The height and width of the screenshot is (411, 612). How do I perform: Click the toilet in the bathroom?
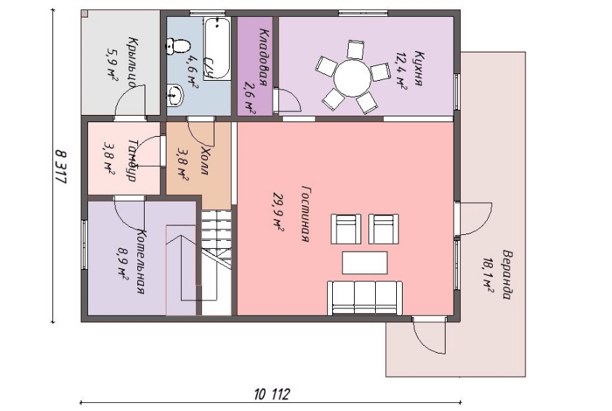click(x=178, y=46)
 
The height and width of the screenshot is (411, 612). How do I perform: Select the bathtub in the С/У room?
click(x=217, y=49)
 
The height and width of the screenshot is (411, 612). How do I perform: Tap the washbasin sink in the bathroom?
click(x=175, y=95)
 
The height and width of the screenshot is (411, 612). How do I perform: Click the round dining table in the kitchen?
click(x=352, y=78)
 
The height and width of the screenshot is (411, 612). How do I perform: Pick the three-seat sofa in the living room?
click(x=365, y=298)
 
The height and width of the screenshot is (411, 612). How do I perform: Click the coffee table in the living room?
click(x=365, y=263)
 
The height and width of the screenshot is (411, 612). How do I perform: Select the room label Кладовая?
click(x=265, y=57)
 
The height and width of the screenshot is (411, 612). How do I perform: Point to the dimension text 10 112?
click(x=272, y=394)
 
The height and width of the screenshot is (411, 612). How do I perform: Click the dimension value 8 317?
click(x=60, y=167)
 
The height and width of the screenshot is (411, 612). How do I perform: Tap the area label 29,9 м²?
click(x=278, y=212)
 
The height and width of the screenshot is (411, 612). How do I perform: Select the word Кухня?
click(x=419, y=68)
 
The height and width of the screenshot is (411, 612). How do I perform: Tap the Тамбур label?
click(x=132, y=160)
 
